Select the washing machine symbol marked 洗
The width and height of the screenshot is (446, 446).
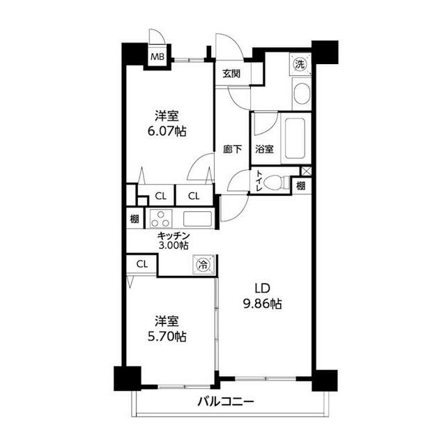point(300,63)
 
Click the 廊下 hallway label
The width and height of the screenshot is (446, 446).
point(232,148)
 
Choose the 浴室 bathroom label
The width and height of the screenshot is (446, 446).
point(264,148)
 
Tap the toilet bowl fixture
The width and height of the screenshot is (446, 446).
point(277,183)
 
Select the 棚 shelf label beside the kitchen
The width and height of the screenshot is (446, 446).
point(134,218)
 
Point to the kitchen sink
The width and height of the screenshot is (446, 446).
point(199,218)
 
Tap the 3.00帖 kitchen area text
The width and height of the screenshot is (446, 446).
point(174,245)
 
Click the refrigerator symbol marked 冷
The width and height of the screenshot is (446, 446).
point(203,265)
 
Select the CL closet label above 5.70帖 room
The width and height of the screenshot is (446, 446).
point(142,264)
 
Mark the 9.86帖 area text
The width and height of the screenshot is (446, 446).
point(261,304)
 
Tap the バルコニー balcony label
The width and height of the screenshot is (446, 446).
point(224,401)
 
